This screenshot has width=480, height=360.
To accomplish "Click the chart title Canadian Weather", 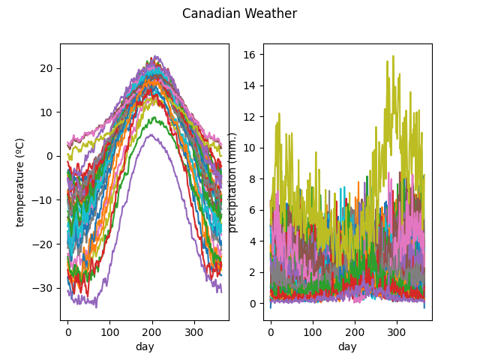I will (x=239, y=13).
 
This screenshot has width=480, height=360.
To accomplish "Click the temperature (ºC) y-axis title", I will (x=20, y=181).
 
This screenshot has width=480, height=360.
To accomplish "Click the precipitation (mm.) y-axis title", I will (x=232, y=181).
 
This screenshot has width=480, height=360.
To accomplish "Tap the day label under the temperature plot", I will (x=145, y=346).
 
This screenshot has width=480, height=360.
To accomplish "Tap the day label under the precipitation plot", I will (x=347, y=346).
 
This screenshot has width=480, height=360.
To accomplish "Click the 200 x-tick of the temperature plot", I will (x=152, y=331).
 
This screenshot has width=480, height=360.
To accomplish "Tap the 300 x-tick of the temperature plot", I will (x=194, y=331).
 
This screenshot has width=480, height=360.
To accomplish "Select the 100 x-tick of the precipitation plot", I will (x=313, y=331).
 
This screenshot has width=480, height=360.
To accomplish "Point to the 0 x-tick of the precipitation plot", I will (x=271, y=331).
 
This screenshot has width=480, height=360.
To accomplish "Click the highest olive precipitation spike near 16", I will (x=392, y=55).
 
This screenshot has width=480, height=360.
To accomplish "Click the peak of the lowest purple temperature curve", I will (x=151, y=135).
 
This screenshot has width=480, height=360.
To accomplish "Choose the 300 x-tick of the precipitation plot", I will (x=397, y=331).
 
